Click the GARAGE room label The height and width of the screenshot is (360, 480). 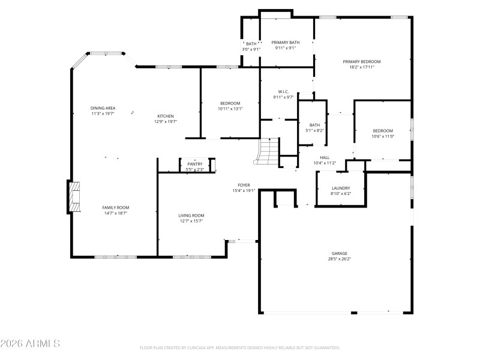pyautogui.click(x=340, y=253)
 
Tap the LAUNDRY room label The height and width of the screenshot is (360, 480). pyautogui.click(x=340, y=188)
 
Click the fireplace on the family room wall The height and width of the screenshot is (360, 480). pyautogui.click(x=74, y=196)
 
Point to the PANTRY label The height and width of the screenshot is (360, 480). pyautogui.click(x=195, y=164)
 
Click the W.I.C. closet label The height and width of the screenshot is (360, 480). pyautogui.click(x=283, y=92)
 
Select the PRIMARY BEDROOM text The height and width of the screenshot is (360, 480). pyautogui.click(x=361, y=61)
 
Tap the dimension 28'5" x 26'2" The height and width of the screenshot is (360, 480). pyautogui.click(x=340, y=259)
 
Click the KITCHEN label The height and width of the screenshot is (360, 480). pyautogui.click(x=166, y=116)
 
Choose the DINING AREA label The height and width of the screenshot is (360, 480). pyautogui.click(x=103, y=108)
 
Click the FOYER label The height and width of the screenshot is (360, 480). pyautogui.click(x=244, y=185)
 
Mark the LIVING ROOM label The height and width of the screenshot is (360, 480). pyautogui.click(x=191, y=215)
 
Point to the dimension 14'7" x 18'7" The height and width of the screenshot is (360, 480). pyautogui.click(x=115, y=213)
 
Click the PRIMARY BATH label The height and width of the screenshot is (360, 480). pyautogui.click(x=285, y=43)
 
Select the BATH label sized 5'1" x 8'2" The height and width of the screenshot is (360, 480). pyautogui.click(x=314, y=125)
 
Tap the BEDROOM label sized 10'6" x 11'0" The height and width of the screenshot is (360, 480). pyautogui.click(x=383, y=131)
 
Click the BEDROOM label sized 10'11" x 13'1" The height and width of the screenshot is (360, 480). pyautogui.click(x=230, y=103)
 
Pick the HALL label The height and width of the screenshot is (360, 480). pyautogui.click(x=325, y=157)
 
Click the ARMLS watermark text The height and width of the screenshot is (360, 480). pyautogui.click(x=30, y=344)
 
